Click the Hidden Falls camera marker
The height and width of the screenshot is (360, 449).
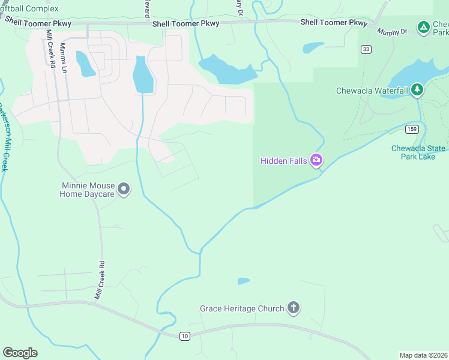pos(316,160)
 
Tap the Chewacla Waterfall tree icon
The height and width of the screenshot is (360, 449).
pos(417,91)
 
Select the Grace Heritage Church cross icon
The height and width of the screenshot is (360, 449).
pos(293,308)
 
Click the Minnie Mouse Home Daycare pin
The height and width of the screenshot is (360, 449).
pos(124,190)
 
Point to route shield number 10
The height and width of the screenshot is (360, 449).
pos(185,336)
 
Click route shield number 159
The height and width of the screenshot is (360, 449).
pos(411,129)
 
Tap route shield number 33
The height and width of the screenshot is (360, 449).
pos(366,49)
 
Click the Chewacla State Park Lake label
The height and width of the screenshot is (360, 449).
pos(418,152)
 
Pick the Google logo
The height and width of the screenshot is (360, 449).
pos(20,353)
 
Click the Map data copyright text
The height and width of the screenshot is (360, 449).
pos(424,355)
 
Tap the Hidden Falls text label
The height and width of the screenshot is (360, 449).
pos(284,161)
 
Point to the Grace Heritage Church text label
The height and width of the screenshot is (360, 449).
pos(242,309)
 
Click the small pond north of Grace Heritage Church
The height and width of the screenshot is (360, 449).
pos(244,281)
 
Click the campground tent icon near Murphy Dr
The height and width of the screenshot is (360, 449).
pos(424,27)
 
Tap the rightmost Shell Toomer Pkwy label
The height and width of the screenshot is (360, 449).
pos(334,22)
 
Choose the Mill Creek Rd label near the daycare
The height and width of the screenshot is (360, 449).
pos(100,280)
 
